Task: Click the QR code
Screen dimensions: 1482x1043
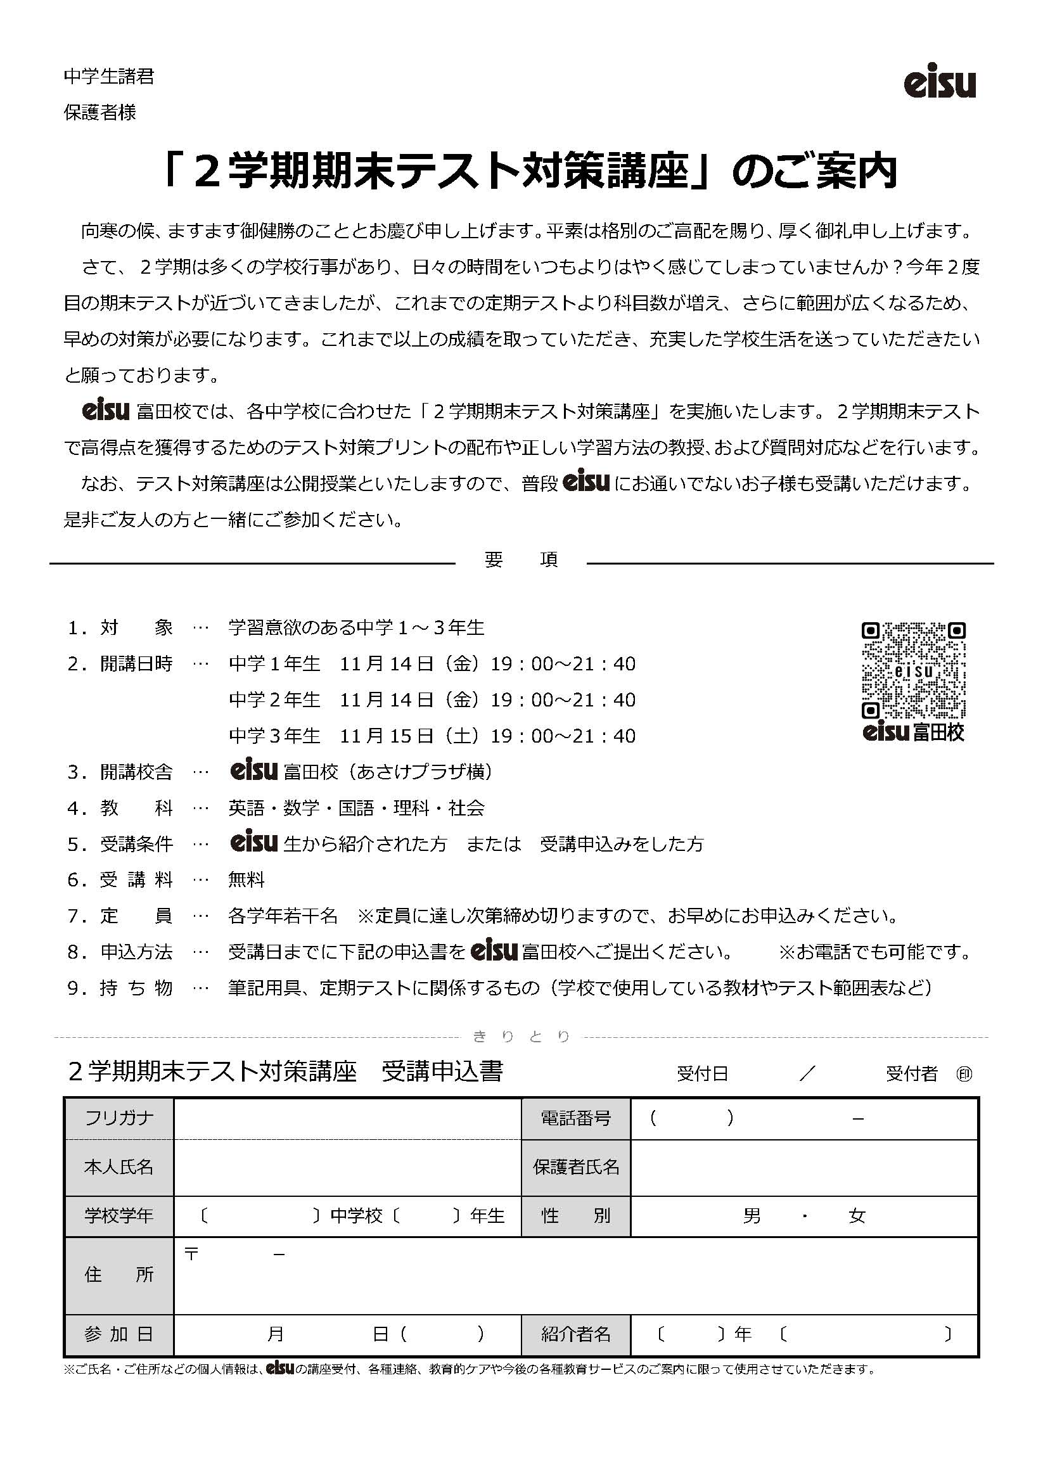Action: click(913, 670)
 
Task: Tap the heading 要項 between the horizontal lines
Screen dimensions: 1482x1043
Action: click(521, 559)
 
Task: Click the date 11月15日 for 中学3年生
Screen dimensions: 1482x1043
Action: click(386, 736)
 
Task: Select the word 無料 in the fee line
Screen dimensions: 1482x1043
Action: click(246, 880)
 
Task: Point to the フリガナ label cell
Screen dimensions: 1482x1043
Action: click(118, 1118)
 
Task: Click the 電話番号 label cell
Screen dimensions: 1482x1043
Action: click(575, 1118)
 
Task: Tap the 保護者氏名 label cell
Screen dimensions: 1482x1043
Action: click(575, 1166)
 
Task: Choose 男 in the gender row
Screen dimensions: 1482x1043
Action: click(752, 1216)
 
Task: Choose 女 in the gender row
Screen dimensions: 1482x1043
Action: click(857, 1216)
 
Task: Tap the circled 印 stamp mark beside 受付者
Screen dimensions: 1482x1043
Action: click(964, 1073)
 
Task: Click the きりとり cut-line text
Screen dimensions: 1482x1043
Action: click(521, 1037)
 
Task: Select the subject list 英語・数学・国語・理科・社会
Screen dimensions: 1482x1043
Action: click(356, 808)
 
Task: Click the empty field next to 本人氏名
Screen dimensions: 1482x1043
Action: click(347, 1166)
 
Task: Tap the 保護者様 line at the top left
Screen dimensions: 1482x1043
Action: click(100, 112)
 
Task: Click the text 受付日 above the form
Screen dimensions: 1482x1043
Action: click(702, 1073)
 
